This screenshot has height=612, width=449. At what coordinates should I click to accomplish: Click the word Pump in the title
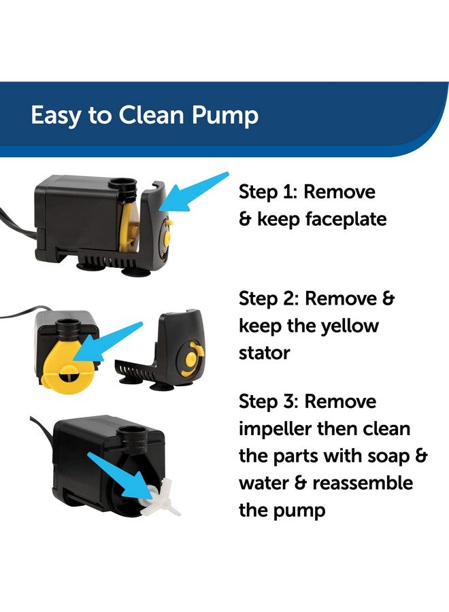pyautogui.click(x=224, y=115)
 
